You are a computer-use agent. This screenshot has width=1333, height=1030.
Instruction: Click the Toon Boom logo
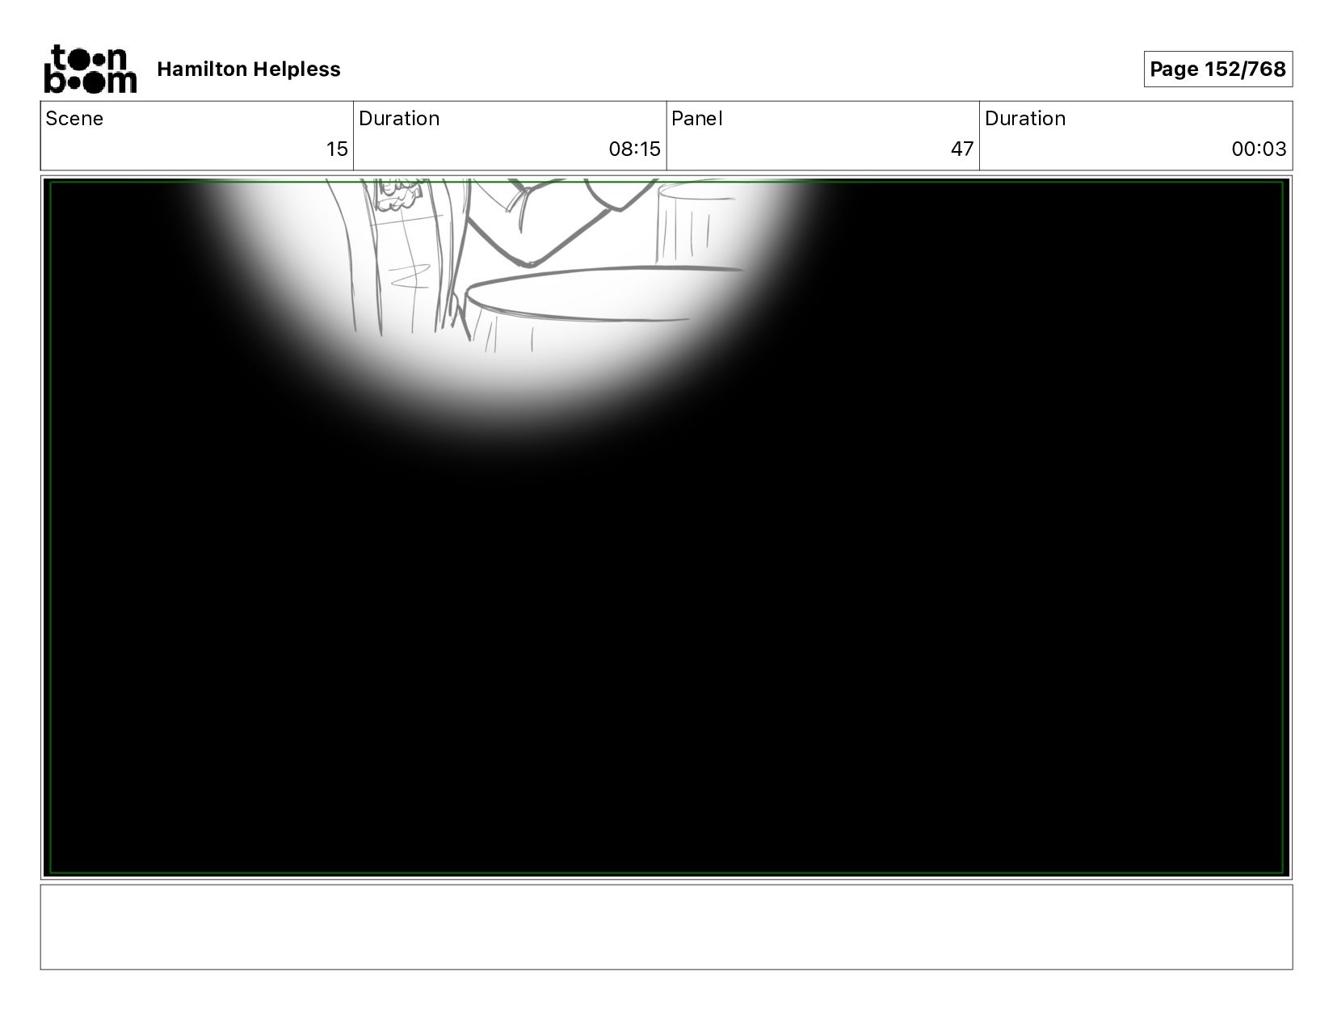pyautogui.click(x=90, y=69)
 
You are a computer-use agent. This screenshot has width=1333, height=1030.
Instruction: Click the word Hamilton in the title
pyautogui.click(x=203, y=69)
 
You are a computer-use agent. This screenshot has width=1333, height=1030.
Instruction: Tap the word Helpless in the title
pyautogui.click(x=296, y=69)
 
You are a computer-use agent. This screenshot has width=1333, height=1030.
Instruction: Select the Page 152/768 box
pyautogui.click(x=1217, y=69)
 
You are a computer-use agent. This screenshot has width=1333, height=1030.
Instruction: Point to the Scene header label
pyautogui.click(x=74, y=119)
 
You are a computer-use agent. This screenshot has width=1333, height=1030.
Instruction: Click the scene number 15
pyautogui.click(x=337, y=149)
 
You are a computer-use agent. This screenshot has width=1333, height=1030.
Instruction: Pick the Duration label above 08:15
pyautogui.click(x=399, y=119)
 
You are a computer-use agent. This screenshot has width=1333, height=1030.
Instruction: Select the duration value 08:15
pyautogui.click(x=634, y=149)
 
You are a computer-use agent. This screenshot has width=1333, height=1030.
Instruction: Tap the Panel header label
pyautogui.click(x=697, y=119)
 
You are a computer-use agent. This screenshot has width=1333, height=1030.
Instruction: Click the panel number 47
pyautogui.click(x=962, y=149)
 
